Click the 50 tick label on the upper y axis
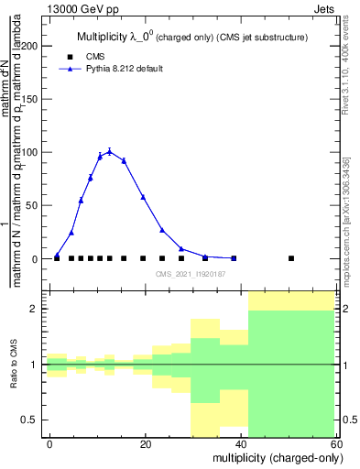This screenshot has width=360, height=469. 32,205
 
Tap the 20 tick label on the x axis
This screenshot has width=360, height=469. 146,443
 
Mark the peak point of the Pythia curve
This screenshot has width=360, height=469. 109,151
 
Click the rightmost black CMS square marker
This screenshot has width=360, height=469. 291,258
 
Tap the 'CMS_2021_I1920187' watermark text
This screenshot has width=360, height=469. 191,274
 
